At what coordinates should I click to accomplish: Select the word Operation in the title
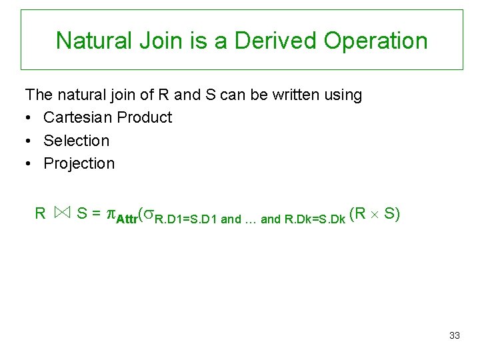375,41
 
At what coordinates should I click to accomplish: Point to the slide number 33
455,335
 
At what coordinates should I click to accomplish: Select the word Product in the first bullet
144,117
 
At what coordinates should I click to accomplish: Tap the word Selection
76,141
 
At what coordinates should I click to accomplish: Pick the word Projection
79,164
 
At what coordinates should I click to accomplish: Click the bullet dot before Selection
29,141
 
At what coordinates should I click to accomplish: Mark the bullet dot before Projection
29,164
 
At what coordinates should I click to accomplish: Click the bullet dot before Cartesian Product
29,117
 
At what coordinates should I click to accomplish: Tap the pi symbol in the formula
112,215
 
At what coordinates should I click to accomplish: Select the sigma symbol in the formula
148,215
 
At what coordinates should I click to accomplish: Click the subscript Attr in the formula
126,219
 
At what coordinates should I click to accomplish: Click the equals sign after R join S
97,214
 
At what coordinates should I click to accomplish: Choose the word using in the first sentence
342,95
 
